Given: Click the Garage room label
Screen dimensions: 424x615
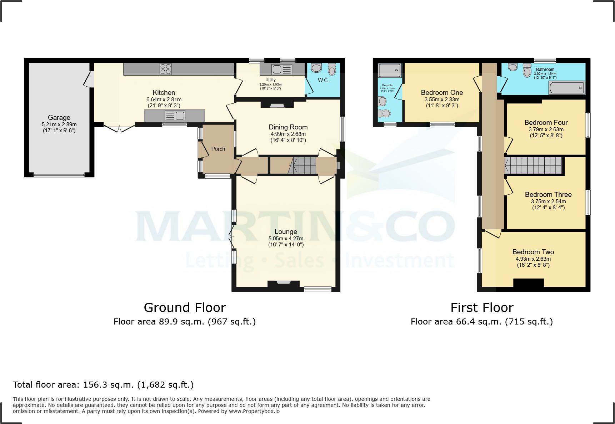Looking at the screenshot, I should tap(59, 117).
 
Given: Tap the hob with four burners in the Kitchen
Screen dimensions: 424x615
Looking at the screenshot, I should tap(165, 69).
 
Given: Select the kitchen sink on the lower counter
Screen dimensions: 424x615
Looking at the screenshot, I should tap(175, 116).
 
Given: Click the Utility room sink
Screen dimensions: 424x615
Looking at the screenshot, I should tap(282, 69).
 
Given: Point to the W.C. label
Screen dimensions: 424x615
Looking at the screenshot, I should tap(323, 80).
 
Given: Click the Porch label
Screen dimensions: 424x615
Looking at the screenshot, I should tap(218, 149).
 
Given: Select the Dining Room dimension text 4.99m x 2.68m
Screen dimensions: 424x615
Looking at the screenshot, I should tap(288, 134).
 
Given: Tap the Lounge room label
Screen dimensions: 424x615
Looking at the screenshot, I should tap(286, 232).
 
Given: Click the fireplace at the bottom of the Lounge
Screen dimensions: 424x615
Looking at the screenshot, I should tap(284, 284).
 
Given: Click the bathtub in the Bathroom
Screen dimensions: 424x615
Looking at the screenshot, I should tap(567, 88).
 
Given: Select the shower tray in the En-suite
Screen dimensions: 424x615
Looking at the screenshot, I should tap(390, 70).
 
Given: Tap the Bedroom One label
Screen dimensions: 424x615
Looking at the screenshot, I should tap(442, 93).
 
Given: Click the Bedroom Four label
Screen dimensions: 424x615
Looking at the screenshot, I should tap(546, 123).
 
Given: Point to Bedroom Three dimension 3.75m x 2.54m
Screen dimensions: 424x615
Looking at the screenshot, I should tap(548, 201).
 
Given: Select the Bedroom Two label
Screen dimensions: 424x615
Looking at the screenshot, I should tap(533, 252).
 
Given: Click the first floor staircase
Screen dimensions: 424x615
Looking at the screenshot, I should tap(534, 165).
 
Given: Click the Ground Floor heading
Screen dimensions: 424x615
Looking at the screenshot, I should tap(185, 308).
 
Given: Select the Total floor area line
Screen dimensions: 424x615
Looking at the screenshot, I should tap(103, 385).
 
